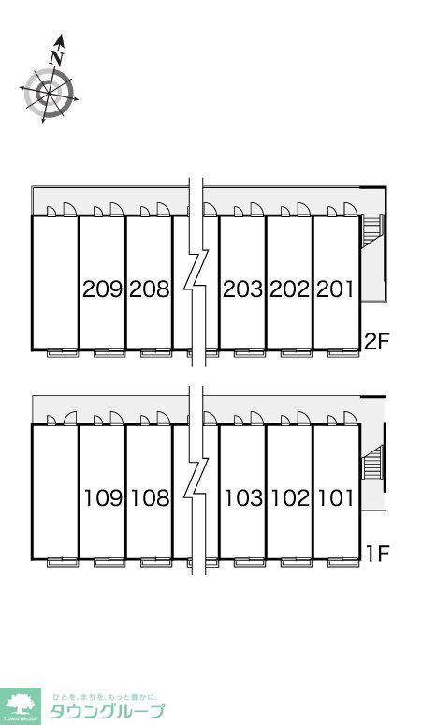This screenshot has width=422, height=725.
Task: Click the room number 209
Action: coord(103,289)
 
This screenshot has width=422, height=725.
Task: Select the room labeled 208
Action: coord(150,289)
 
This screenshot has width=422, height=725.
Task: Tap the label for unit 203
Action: coord(243,289)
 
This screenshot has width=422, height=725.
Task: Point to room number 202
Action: coord(289,289)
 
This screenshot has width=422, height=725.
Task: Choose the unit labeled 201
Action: coord(335,289)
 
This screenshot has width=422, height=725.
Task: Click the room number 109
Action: coord(104,498)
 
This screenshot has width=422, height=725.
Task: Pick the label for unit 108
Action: coord(150,498)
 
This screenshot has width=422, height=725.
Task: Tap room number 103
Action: coord(243,498)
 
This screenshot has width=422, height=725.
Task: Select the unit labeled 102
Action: coord(290,498)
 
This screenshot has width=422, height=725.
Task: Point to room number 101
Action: coord(336,498)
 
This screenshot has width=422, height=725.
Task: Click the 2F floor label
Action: coord(377,342)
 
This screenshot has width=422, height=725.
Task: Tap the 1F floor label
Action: coord(378,553)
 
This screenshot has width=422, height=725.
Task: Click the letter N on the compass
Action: coord(56,57)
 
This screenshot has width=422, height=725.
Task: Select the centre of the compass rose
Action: coord(49,93)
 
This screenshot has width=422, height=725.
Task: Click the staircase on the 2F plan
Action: coord(371,230)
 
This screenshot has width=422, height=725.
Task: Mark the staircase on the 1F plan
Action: coord(371,463)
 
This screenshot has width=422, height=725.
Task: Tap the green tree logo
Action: coord(21,704)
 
